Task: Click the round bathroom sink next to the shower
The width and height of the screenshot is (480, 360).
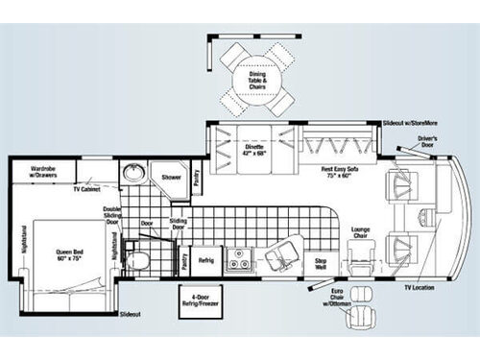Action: [x=133, y=176]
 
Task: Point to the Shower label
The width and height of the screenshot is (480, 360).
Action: [x=172, y=178]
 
